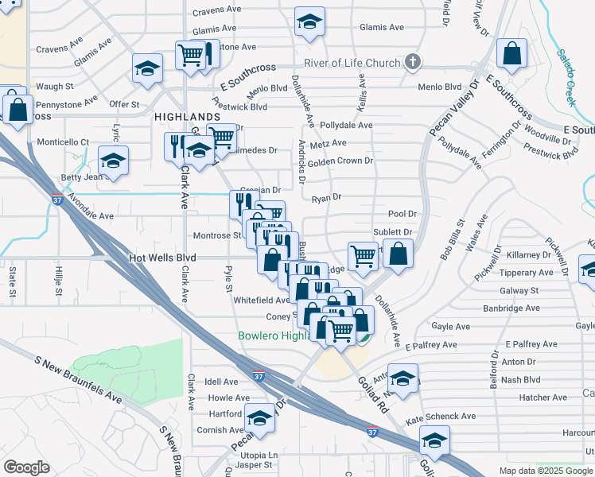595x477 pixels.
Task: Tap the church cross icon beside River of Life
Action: point(412,62)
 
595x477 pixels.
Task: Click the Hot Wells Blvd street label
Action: point(162,258)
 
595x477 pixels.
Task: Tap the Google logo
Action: point(26,467)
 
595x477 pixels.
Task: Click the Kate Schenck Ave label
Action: point(440,416)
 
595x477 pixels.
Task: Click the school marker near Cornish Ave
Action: point(259,419)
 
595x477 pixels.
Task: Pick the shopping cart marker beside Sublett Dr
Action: point(363,257)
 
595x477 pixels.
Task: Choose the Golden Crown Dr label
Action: point(340,161)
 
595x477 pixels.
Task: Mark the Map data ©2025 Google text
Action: point(546,471)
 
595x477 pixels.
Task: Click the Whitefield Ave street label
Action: point(262,300)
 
